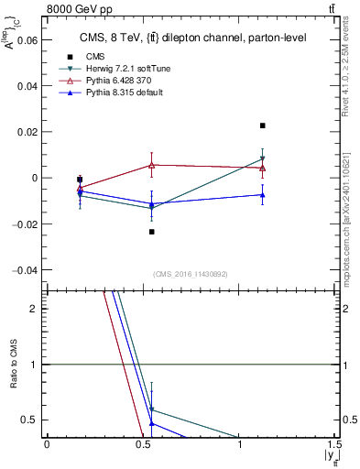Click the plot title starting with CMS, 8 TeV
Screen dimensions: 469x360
pyautogui.click(x=193, y=38)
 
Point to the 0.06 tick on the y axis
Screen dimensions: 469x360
pyautogui.click(x=27, y=40)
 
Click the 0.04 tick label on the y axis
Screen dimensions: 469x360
pyautogui.click(x=27, y=86)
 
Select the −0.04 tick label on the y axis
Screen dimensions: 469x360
pyautogui.click(x=25, y=270)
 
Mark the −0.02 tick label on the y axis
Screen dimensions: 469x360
pyautogui.click(x=25, y=224)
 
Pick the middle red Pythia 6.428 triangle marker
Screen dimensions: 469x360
pyautogui.click(x=152, y=165)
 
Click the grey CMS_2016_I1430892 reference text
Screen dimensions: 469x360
pyautogui.click(x=191, y=274)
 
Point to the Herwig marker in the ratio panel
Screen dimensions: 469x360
pyautogui.click(x=152, y=409)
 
